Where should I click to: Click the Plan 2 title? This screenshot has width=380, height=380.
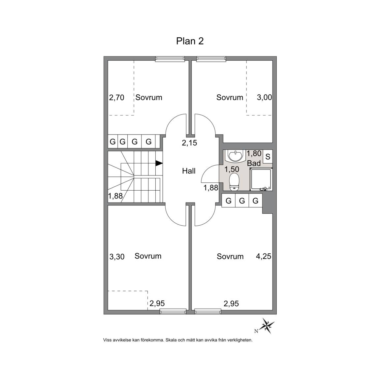190,41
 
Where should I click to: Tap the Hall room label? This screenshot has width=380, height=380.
189,171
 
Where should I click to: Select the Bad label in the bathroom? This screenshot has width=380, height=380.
254,163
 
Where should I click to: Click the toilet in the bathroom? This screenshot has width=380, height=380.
234,182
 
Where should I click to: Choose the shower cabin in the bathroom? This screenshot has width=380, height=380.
261,179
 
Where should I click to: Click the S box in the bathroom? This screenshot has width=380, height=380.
268,157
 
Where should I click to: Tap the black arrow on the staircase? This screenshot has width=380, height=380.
159,163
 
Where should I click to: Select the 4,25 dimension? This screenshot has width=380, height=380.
264,256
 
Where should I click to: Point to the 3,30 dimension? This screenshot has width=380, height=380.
117,256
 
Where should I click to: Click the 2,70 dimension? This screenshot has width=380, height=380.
116,97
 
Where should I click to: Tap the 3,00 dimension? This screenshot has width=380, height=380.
265,97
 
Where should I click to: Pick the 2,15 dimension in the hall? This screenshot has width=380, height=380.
190,143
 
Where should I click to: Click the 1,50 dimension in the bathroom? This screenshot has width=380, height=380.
232,169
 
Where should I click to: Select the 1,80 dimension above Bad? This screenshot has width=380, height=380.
254,153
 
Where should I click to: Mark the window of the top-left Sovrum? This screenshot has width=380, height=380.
170,59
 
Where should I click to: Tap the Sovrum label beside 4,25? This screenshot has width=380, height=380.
230,256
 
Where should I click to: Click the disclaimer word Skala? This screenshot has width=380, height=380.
171,340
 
